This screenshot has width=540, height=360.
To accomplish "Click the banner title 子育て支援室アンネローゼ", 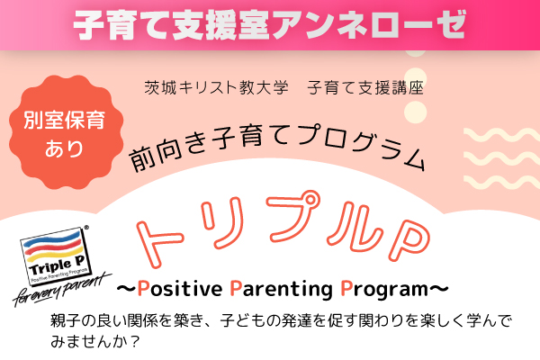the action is [x=270, y=25].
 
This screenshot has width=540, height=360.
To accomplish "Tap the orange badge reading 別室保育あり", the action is [x=66, y=132].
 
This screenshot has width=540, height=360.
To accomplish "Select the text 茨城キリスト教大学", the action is [x=216, y=87].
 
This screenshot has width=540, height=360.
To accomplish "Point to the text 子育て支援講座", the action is [x=365, y=87].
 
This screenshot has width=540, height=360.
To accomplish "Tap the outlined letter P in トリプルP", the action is [x=409, y=240].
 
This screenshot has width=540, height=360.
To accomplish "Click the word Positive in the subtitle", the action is [x=180, y=288].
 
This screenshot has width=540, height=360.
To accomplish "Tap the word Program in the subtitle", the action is [x=384, y=290].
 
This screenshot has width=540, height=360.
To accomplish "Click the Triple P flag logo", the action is [x=55, y=256].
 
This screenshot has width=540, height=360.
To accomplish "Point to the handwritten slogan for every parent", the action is [x=62, y=290].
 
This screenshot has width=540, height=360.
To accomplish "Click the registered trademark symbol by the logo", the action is [x=86, y=228].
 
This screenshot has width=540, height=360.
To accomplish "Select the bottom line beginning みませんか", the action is [x=94, y=341].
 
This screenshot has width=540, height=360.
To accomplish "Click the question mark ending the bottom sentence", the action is [x=135, y=342].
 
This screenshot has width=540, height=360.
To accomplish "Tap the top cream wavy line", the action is [x=502, y=135].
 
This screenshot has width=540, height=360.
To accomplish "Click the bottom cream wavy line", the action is [x=502, y=182].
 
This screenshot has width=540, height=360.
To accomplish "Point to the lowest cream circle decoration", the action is [x=415, y=112].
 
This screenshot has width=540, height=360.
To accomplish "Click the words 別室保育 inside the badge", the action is [x=65, y=121].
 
